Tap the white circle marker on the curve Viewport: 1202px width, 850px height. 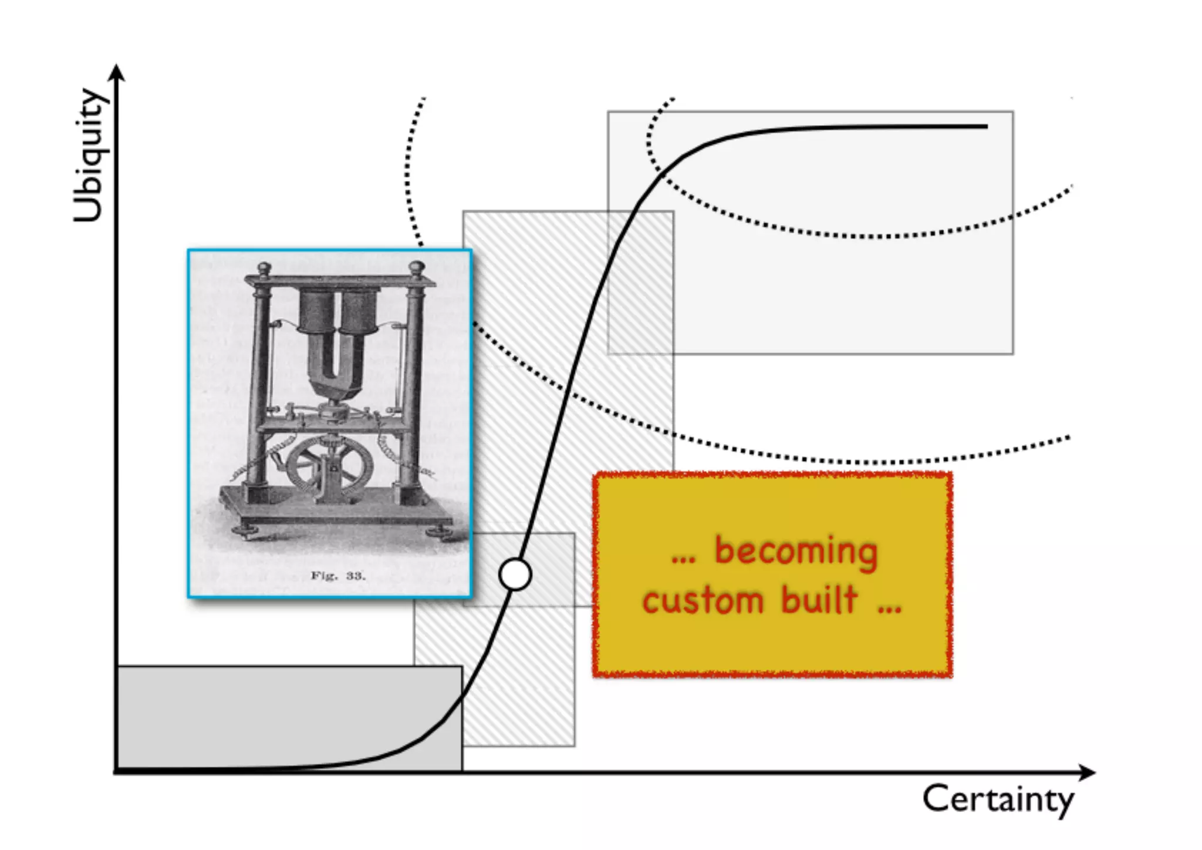(x=515, y=574)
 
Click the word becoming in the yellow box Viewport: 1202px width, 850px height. (x=795, y=552)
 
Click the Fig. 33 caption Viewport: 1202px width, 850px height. (x=337, y=576)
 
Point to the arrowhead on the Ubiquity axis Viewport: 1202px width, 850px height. (x=118, y=72)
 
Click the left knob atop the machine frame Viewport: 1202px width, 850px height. (x=265, y=269)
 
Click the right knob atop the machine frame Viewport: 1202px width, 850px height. (x=417, y=267)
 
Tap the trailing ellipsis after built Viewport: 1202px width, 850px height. (x=890, y=607)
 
